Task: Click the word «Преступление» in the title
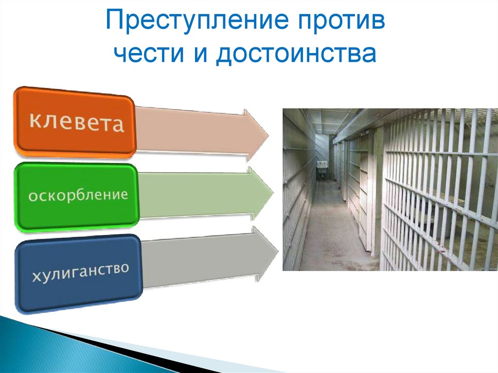pyautogui.click(x=197, y=20)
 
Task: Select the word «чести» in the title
pyautogui.click(x=149, y=53)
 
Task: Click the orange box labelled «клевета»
pyautogui.click(x=75, y=122)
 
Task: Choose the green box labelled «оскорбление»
pyautogui.click(x=76, y=196)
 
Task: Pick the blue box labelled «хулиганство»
pyautogui.click(x=79, y=273)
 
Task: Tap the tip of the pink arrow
pyautogui.click(x=268, y=136)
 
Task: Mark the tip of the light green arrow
pyautogui.click(x=273, y=193)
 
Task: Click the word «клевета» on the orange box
pyautogui.click(x=76, y=122)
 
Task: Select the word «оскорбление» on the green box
pyautogui.click(x=78, y=195)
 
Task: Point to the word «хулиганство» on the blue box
pyautogui.click(x=80, y=272)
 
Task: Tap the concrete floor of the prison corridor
pyautogui.click(x=334, y=235)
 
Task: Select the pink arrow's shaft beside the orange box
pyautogui.click(x=190, y=130)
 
